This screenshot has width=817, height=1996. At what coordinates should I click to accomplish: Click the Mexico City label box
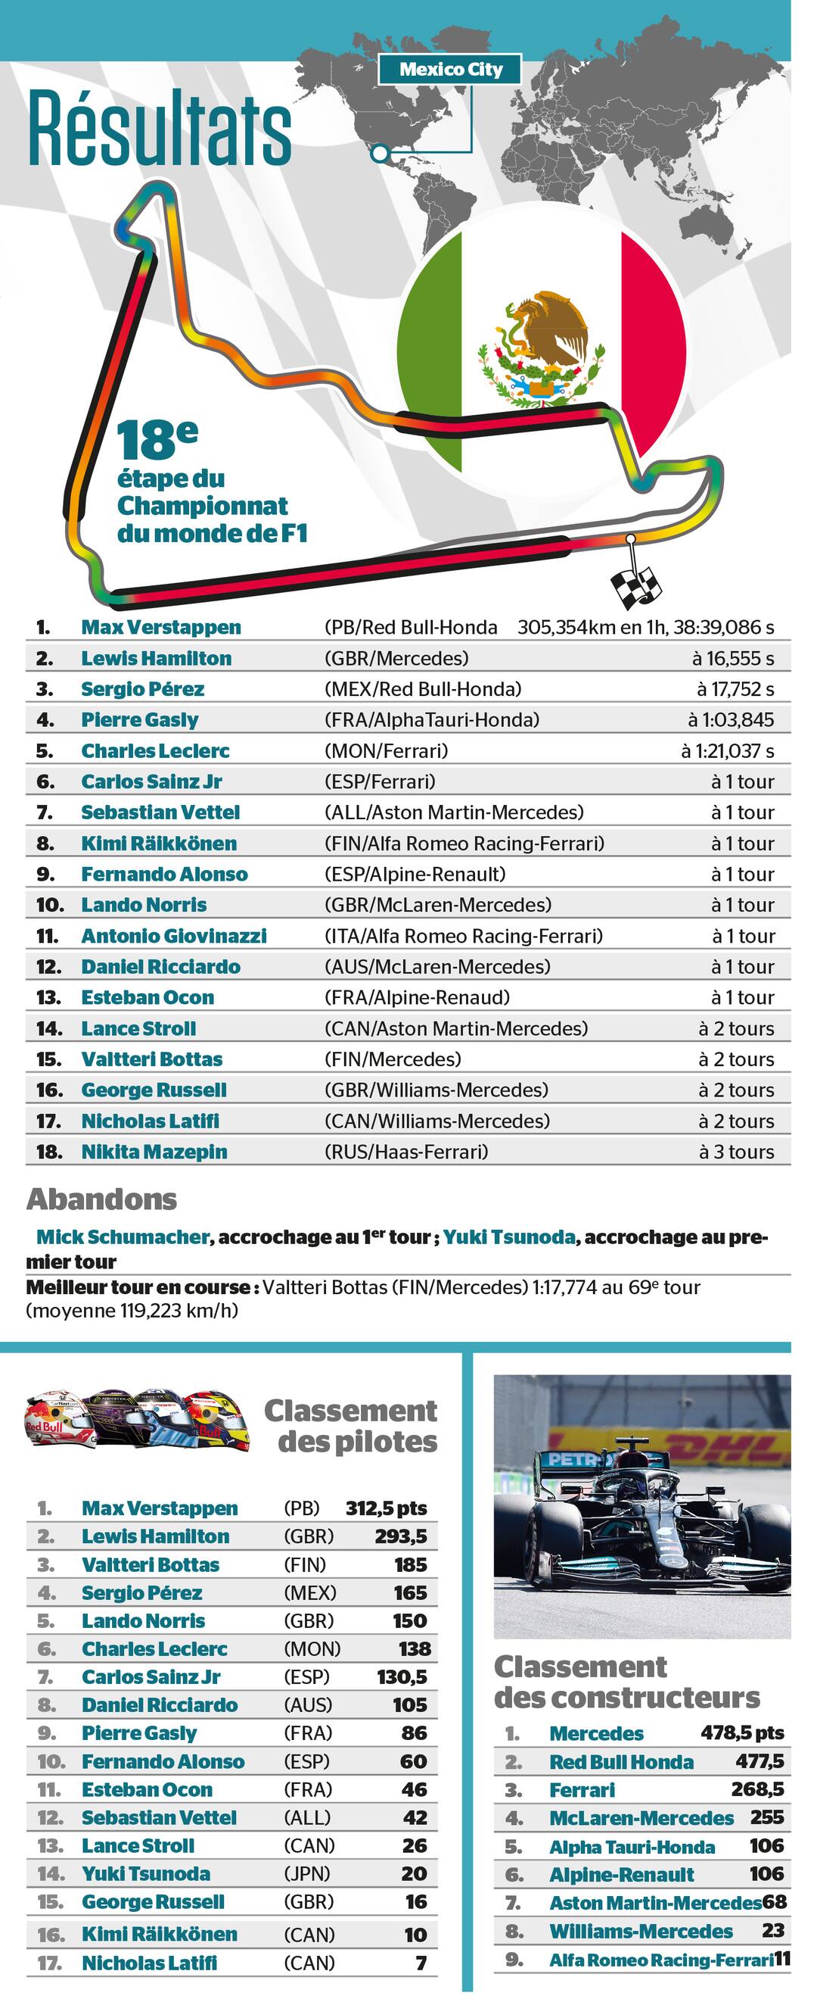pos(450,70)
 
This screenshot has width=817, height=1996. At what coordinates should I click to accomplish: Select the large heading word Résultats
pos(160,129)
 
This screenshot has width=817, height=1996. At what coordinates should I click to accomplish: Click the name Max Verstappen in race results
pos(161,627)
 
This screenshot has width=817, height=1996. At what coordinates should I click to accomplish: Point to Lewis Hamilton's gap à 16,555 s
pos(732,658)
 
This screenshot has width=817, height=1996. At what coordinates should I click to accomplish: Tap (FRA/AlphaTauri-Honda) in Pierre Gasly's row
pos(431,720)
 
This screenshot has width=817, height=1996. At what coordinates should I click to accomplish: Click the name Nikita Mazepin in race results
pos(154,1152)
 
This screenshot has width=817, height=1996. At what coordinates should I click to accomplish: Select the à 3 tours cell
pos(736,1152)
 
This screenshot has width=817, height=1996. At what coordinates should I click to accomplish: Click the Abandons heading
pos(102,1199)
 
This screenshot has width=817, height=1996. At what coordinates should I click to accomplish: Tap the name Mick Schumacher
pos(123,1237)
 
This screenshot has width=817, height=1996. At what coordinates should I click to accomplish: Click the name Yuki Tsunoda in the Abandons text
pos(509,1237)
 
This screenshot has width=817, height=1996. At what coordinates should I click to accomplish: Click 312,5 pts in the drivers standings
pos(386,1508)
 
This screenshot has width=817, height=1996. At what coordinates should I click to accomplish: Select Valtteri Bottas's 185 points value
pos(411,1564)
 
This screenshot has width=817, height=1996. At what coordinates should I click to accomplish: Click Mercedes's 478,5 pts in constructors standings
pos(742,1732)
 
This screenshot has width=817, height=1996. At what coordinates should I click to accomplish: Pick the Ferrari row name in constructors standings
pos(582,1790)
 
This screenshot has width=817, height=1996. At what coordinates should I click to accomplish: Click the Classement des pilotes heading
pos(353,1426)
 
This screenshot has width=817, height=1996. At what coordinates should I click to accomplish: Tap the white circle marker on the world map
pos(380,153)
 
